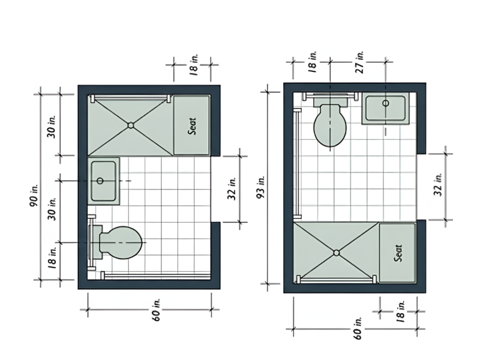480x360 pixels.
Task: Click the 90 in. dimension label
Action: [34, 195]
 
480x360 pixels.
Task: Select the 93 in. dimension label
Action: [260, 187]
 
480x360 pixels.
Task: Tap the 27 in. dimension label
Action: [360, 62]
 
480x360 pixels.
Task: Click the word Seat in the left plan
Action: [192, 126]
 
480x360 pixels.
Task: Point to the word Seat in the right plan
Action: [398, 253]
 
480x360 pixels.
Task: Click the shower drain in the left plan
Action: [131, 125]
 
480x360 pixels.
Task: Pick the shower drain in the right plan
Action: [337, 253]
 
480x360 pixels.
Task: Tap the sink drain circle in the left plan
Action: [100, 181]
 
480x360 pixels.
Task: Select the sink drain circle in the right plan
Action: [386, 103]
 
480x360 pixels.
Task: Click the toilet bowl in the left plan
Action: [121, 243]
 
